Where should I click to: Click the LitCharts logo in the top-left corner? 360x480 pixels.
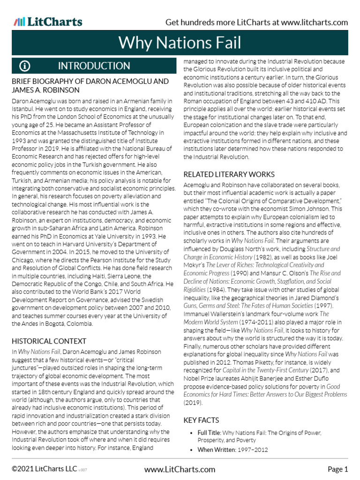pos(48,22)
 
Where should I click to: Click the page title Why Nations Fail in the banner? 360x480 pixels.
pos(180,43)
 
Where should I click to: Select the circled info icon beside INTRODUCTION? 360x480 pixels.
pos(25,66)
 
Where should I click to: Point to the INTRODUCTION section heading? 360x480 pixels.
pos(94,66)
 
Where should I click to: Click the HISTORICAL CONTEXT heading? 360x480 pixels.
pos(49,341)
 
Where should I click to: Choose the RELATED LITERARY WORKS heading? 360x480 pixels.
pos(229,174)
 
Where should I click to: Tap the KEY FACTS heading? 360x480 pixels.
pos(201,420)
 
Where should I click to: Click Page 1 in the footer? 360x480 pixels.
pos(337,469)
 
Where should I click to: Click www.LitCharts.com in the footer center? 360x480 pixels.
pos(180,469)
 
